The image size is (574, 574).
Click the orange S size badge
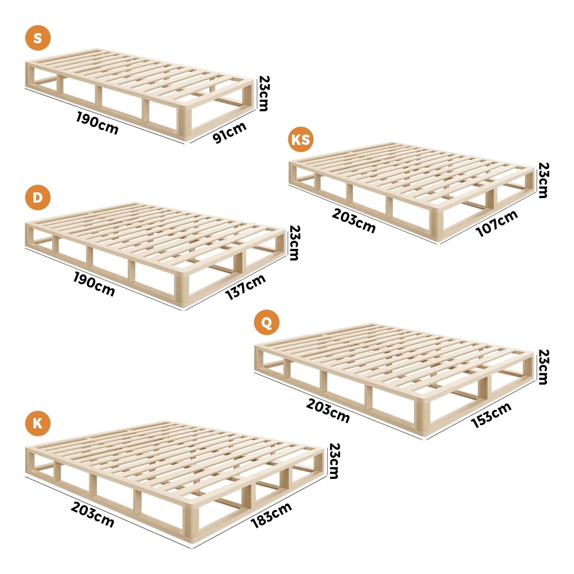[38, 38]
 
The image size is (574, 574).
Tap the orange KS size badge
[301, 139]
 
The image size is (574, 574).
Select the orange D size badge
[38, 197]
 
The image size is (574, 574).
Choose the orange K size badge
[38, 424]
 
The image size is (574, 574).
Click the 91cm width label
[229, 132]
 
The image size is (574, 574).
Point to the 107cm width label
[497, 223]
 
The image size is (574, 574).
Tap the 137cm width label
[245, 287]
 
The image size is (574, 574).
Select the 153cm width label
[491, 415]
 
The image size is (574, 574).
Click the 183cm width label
[271, 515]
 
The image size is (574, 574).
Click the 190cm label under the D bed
[94, 284]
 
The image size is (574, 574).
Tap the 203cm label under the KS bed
[354, 221]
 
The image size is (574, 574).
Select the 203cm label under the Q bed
[328, 411]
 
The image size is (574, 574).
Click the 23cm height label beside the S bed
[264, 93]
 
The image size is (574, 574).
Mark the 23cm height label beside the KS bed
[544, 180]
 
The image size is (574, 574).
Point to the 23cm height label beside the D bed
[294, 243]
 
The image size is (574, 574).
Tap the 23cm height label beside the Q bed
[544, 367]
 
